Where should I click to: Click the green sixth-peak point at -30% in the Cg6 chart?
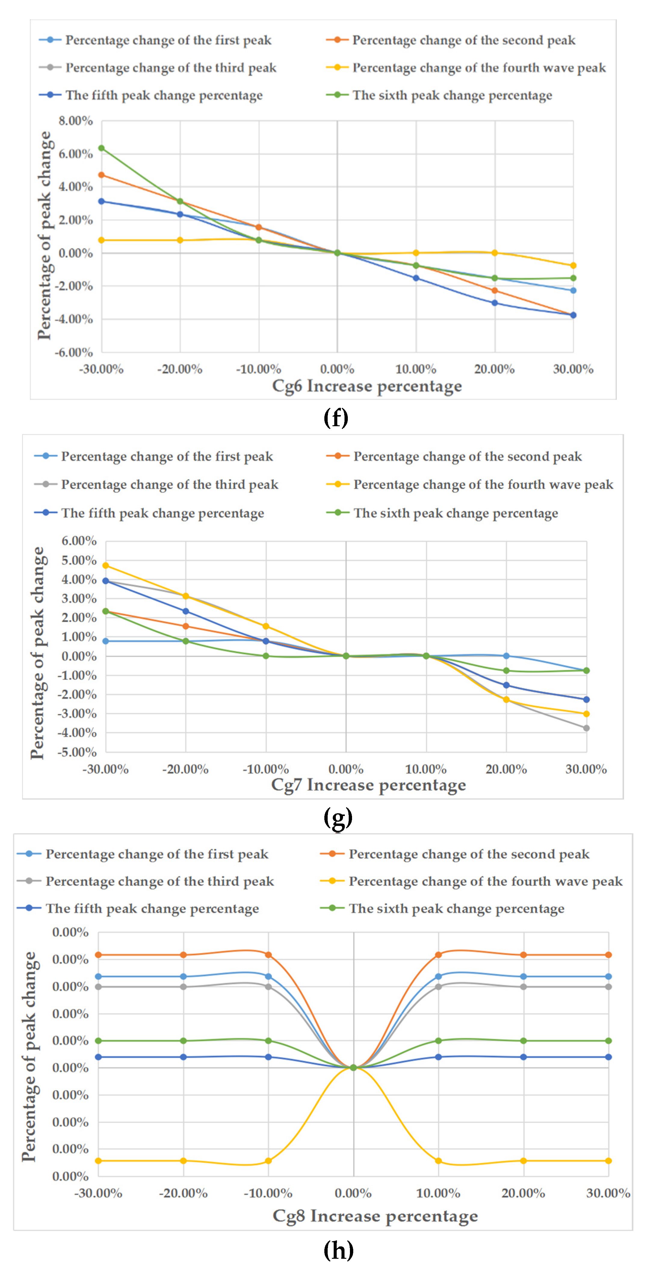click(x=101, y=148)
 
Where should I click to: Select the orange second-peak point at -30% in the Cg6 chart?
click(x=101, y=175)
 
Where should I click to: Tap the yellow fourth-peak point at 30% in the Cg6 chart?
click(x=573, y=266)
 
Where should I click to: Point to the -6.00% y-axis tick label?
click(x=73, y=352)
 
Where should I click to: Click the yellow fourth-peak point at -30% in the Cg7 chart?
click(x=106, y=565)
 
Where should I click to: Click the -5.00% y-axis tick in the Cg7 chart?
click(x=77, y=752)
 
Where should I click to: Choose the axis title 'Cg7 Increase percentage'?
click(x=368, y=785)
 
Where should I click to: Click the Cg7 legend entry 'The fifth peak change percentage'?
click(x=162, y=513)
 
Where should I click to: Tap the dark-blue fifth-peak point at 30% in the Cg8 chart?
click(x=608, y=1057)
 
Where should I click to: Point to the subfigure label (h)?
click(x=338, y=1250)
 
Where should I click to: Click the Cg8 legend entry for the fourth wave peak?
click(x=485, y=881)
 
